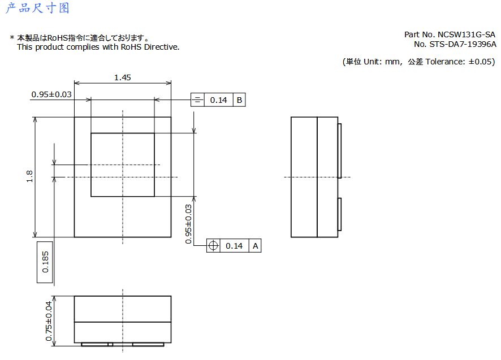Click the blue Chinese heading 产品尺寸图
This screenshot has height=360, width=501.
pyautogui.click(x=37, y=8)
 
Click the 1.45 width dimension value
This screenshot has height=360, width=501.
pyautogui.click(x=123, y=77)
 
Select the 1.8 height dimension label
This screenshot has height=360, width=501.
pyautogui.click(x=29, y=176)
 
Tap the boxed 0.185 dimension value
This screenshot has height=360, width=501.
pyautogui.click(x=45, y=262)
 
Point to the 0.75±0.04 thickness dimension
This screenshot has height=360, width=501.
pyautogui.click(x=49, y=322)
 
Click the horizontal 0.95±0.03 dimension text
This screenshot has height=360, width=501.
pyautogui.click(x=51, y=94)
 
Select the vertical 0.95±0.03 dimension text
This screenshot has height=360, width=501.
pyautogui.click(x=188, y=224)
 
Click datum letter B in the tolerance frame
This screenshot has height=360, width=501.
pyautogui.click(x=239, y=100)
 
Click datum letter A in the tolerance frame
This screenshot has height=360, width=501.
pyautogui.click(x=255, y=246)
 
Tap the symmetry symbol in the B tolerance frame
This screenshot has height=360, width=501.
pyautogui.click(x=197, y=99)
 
